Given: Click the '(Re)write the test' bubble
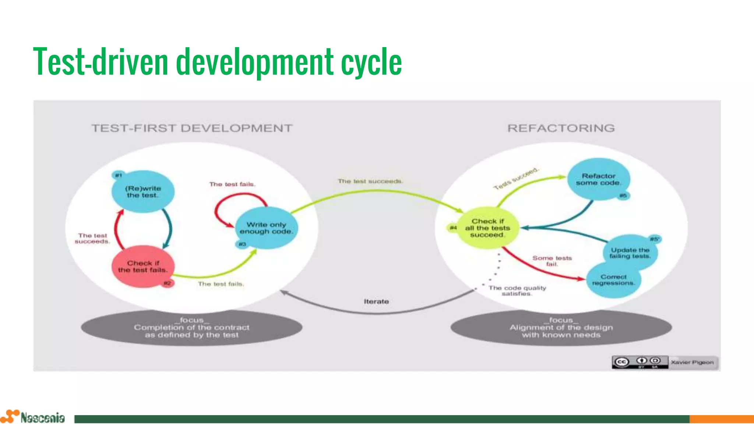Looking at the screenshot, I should click(x=143, y=192).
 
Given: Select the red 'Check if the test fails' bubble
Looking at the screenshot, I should click(x=143, y=266).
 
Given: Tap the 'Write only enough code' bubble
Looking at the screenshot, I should click(x=266, y=228).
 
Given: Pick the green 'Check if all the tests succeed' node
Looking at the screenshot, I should click(x=487, y=228).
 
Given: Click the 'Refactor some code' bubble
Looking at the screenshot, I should click(x=598, y=179).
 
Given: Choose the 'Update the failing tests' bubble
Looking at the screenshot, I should click(x=630, y=253).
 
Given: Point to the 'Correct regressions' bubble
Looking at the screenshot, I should click(x=613, y=280).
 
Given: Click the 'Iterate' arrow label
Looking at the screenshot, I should click(x=376, y=301).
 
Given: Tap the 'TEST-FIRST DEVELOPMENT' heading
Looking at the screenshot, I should click(x=192, y=128).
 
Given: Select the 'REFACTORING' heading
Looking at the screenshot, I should click(x=561, y=128).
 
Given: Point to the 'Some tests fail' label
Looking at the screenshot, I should click(x=552, y=261).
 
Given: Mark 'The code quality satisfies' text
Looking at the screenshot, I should click(x=517, y=291).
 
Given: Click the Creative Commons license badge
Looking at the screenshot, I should click(x=640, y=362).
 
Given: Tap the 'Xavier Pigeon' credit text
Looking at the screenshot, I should click(x=692, y=362).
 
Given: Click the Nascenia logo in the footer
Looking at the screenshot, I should click(x=33, y=417).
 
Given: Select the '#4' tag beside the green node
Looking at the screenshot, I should click(x=453, y=228).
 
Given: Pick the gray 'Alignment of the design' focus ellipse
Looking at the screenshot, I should click(x=561, y=328).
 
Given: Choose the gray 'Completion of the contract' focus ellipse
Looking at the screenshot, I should click(x=191, y=328).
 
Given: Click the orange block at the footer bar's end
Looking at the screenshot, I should click(x=722, y=419).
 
